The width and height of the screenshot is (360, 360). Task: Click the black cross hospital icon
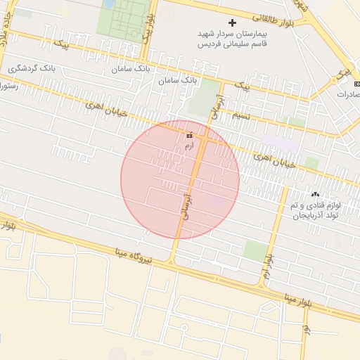point(233,23)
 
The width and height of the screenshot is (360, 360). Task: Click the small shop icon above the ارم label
point(188,134)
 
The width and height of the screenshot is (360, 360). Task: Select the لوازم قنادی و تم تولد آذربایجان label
point(315,210)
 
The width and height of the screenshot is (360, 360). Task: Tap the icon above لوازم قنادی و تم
point(314,194)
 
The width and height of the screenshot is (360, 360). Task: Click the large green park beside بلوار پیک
point(120,18)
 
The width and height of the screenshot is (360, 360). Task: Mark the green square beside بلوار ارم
point(255,250)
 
